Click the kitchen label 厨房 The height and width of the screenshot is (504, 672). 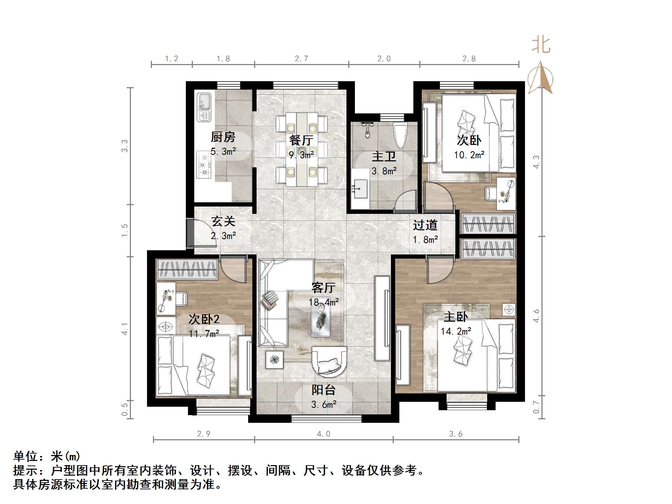coord(223,137)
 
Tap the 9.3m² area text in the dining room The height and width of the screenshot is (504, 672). coord(301,154)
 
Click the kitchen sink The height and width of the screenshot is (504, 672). coord(204,106)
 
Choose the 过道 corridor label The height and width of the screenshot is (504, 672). coord(425,225)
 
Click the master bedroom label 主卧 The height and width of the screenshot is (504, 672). coord(455,317)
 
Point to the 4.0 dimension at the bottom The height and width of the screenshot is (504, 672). coord(323,434)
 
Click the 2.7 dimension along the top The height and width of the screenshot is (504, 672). coord(301,59)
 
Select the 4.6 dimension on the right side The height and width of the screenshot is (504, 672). coord(536,316)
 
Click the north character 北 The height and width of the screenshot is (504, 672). coord(541,45)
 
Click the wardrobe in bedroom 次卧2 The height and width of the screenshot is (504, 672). coord(187,269)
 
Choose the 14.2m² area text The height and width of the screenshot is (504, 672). coord(456,331)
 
